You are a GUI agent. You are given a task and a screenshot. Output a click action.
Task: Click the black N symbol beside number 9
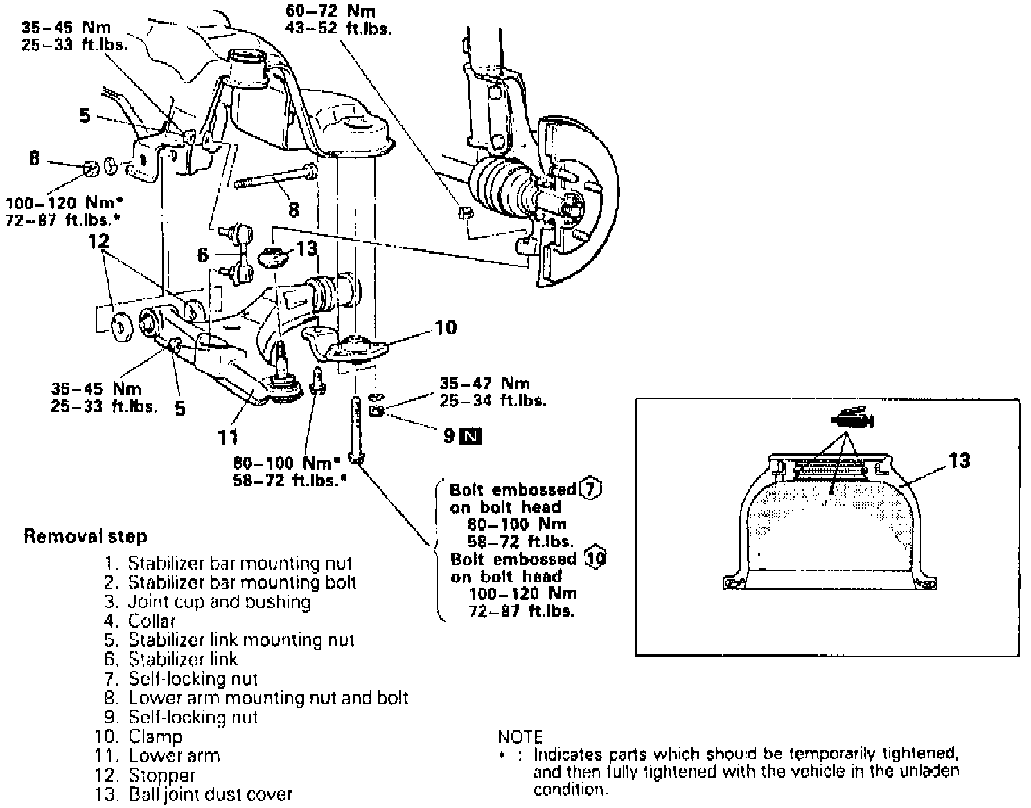472,436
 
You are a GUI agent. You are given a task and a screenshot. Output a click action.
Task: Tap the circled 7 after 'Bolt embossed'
591,489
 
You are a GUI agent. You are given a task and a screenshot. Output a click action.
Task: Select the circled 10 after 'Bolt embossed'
594,558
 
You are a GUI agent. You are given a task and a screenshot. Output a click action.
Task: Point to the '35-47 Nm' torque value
484,383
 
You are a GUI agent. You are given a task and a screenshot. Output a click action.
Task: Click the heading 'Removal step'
85,536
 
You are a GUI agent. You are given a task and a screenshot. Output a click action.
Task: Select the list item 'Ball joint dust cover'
210,794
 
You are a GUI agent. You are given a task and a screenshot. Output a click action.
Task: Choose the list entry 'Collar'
152,621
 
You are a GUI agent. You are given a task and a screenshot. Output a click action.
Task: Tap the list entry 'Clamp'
155,737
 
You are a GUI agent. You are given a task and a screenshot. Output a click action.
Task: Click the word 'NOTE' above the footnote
520,737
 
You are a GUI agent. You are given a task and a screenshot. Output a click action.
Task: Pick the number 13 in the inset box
958,461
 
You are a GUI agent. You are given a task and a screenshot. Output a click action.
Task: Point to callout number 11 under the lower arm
228,437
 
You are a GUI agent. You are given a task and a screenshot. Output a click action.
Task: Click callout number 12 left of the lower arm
99,242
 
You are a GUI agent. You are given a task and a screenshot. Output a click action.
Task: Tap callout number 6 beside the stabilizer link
202,255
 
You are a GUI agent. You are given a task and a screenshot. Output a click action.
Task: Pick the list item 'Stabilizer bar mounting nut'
239,563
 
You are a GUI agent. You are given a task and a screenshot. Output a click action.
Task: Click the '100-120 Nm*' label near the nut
64,203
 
